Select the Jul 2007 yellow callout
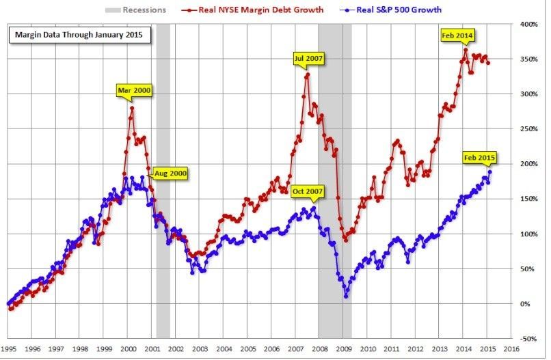coord(306,58)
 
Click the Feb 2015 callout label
coord(479,157)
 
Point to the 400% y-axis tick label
coord(528,24)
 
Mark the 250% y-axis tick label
coord(528,128)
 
